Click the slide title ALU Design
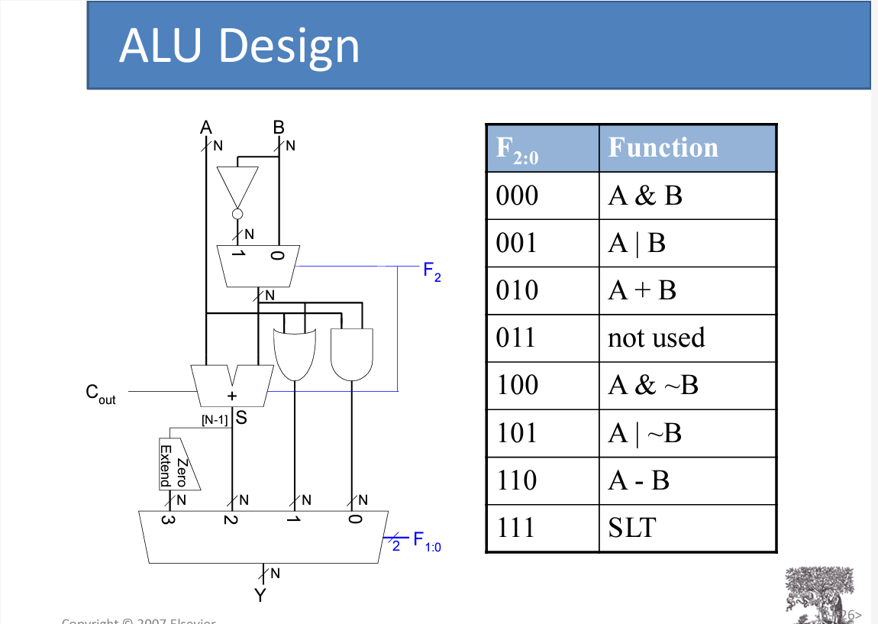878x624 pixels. point(239,45)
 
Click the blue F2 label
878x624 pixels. point(431,271)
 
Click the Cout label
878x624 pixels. point(100,394)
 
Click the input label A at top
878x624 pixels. point(205,127)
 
